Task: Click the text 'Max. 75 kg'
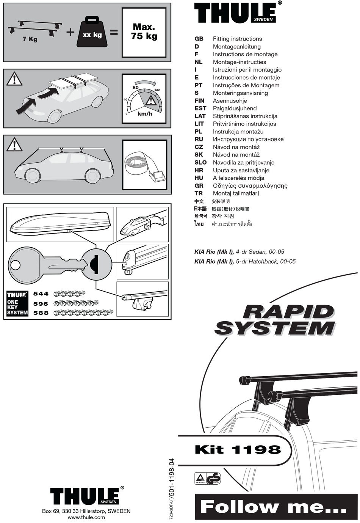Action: point(144,32)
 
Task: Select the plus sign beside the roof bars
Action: point(70,32)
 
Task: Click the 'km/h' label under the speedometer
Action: point(145,114)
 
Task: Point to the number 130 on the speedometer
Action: point(157,90)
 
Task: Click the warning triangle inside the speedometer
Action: point(151,101)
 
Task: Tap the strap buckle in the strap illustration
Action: point(157,176)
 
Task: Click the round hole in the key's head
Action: point(16,265)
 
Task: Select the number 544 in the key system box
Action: point(41,294)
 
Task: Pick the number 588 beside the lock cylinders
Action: point(41,313)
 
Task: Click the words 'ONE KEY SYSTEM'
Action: point(17,307)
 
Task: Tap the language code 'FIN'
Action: point(199,101)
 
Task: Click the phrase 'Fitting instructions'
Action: point(237,39)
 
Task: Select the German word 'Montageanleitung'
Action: point(236,47)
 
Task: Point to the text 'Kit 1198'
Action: point(238,450)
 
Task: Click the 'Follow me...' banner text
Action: point(273,507)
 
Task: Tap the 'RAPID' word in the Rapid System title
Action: point(288,312)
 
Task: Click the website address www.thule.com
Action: point(86,517)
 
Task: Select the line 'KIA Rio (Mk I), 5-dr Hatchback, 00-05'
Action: point(245,261)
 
